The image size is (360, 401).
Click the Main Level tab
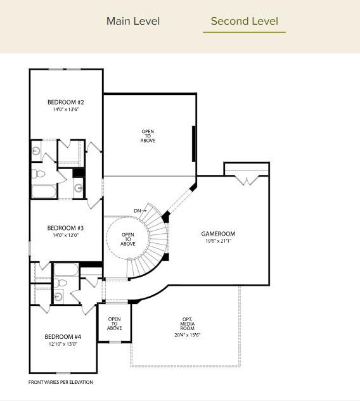pyautogui.click(x=133, y=21)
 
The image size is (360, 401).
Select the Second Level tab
pyautogui.click(x=244, y=21)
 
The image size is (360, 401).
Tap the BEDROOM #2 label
pyautogui.click(x=66, y=102)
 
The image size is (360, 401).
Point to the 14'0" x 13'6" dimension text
pyautogui.click(x=66, y=110)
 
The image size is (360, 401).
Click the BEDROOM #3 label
pyautogui.click(x=66, y=228)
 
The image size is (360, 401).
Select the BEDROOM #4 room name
pyautogui.click(x=63, y=336)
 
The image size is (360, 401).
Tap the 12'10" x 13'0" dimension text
pyautogui.click(x=63, y=344)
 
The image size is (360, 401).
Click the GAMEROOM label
pyautogui.click(x=218, y=234)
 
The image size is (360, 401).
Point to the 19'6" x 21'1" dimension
pyautogui.click(x=218, y=241)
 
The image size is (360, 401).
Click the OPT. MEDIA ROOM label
pyautogui.click(x=188, y=324)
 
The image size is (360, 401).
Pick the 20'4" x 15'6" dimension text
pyautogui.click(x=188, y=335)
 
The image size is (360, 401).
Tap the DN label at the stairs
pyautogui.click(x=138, y=210)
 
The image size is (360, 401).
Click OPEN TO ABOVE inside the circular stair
pyautogui.click(x=128, y=239)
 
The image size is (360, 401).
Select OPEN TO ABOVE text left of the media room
pyautogui.click(x=115, y=324)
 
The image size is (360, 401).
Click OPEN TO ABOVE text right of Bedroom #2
pyautogui.click(x=148, y=136)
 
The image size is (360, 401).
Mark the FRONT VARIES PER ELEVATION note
pyautogui.click(x=61, y=382)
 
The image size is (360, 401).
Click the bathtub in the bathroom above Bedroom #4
pyautogui.click(x=65, y=271)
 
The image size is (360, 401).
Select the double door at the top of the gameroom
pyautogui.click(x=246, y=181)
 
